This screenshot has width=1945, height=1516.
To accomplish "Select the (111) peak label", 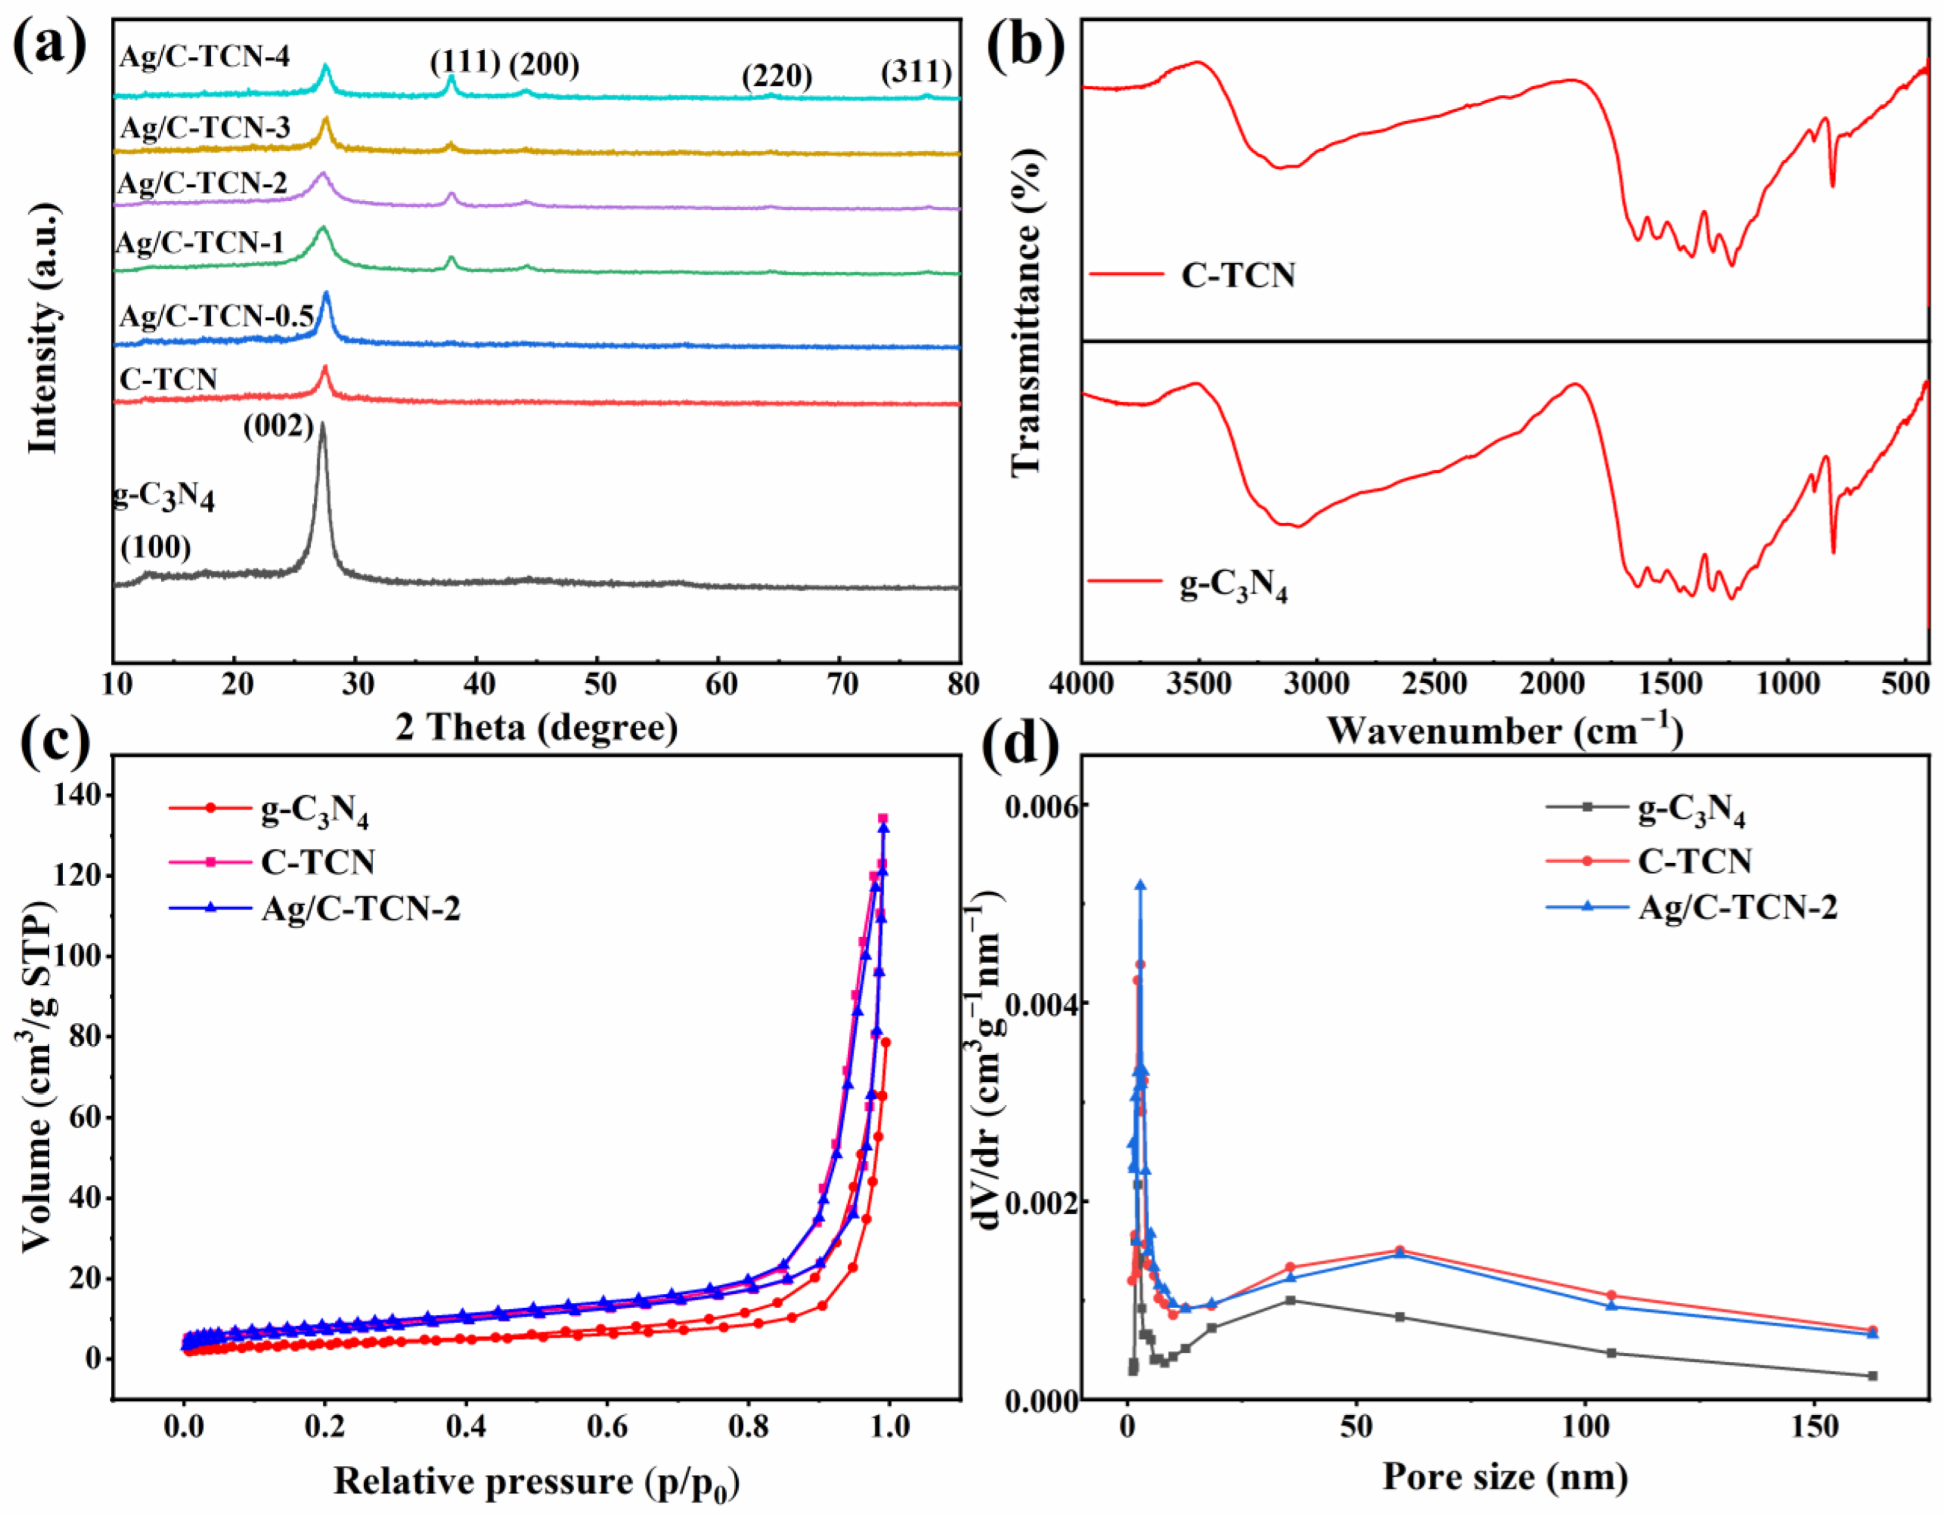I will (x=465, y=62).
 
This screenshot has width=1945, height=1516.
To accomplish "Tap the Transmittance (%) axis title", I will (x=1026, y=312).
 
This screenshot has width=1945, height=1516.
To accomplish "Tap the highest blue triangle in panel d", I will (x=1140, y=885).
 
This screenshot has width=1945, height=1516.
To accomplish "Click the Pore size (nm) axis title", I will (x=1505, y=1477).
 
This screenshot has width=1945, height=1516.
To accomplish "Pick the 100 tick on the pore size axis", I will (x=1587, y=1427).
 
